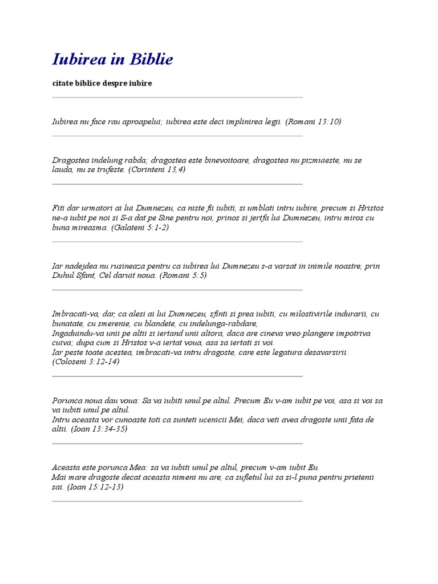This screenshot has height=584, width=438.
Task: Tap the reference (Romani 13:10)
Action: click(x=313, y=121)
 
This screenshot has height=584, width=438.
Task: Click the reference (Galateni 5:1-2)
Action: click(x=140, y=227)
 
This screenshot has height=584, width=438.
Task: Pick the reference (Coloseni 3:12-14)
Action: click(x=86, y=362)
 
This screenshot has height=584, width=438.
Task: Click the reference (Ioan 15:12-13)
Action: click(x=95, y=487)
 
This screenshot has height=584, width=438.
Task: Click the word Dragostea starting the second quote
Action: click(x=70, y=160)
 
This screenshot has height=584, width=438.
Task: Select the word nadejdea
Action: click(x=82, y=266)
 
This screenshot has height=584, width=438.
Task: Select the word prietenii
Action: click(x=358, y=477)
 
